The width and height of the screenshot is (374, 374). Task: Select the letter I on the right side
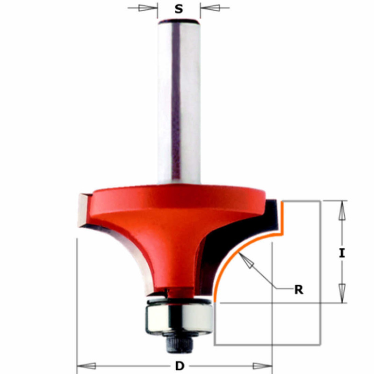[342, 253]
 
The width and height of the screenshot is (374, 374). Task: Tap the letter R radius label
[298, 289]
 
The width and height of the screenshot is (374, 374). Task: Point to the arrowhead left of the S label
[148, 8]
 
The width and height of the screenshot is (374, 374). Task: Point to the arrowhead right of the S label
[209, 8]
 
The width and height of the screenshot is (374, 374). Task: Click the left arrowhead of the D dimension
[86, 365]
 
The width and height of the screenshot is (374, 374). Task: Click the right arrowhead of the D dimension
[262, 365]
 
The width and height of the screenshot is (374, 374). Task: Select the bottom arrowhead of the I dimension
[342, 292]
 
